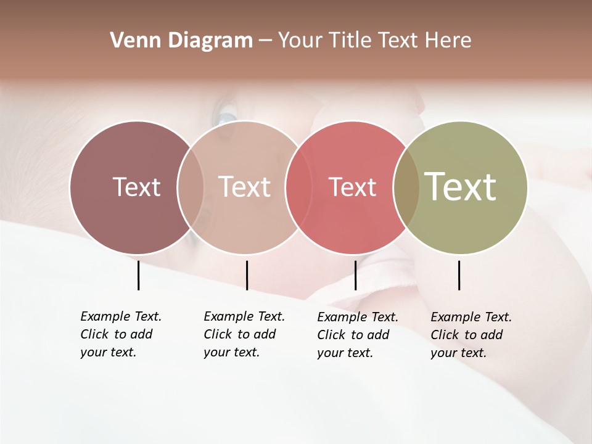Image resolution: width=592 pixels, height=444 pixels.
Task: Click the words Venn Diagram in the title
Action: coord(181,41)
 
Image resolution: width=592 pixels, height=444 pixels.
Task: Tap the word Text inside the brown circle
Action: coord(136,187)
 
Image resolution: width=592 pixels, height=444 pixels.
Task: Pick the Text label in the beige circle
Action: coord(245,187)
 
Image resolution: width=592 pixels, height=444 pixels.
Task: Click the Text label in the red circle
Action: coord(352,187)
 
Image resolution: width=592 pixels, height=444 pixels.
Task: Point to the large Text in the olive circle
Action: coord(461,186)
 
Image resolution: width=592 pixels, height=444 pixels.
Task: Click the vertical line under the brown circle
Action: coord(138,275)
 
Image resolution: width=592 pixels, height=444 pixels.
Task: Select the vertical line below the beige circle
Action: coord(247,275)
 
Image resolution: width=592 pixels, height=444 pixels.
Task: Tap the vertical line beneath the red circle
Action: coord(355,275)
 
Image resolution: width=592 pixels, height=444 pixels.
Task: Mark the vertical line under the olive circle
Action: coord(459,275)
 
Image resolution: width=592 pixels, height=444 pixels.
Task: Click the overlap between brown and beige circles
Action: coord(191,187)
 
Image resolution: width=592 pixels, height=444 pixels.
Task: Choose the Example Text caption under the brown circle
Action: coord(120,334)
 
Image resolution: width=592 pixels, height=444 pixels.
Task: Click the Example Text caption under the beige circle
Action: coord(244,334)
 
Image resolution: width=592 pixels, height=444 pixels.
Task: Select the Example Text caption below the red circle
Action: coord(357,335)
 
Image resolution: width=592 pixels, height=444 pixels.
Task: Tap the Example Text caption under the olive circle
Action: coord(471,335)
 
